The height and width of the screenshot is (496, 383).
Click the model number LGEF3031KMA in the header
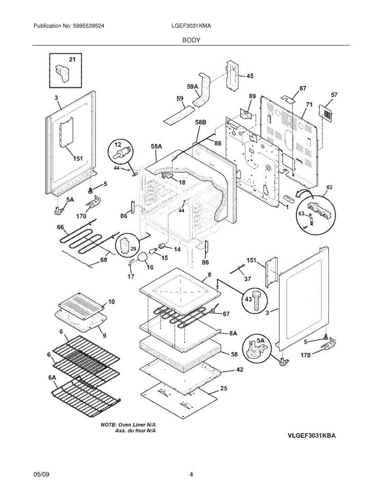click(191, 26)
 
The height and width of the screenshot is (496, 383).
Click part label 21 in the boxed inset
click(72, 60)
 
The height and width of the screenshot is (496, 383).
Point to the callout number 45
click(250, 76)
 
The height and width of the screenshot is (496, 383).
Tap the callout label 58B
click(200, 123)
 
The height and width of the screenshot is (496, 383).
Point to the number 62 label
click(329, 187)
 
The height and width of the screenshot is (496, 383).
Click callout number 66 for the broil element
click(61, 227)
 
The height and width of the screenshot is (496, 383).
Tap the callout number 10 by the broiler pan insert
click(112, 301)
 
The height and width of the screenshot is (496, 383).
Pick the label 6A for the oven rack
click(52, 377)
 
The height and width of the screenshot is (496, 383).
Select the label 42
click(239, 370)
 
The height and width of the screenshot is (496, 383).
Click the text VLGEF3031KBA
click(312, 436)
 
